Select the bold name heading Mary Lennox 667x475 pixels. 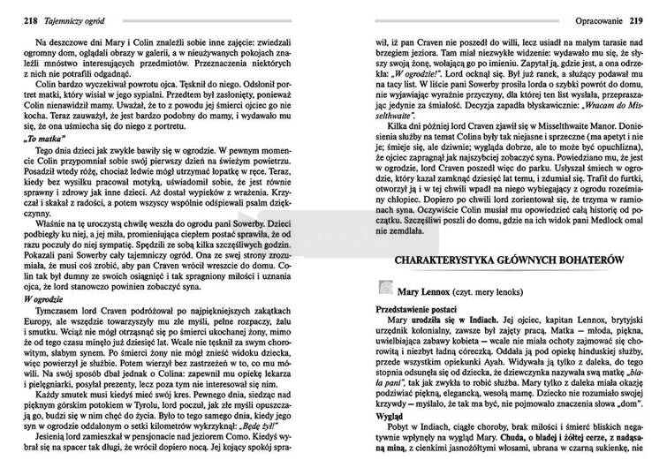coord(427,289)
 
